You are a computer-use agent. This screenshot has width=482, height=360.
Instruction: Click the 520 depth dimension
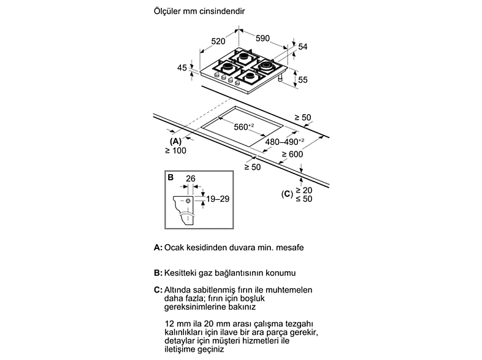tap(218, 41)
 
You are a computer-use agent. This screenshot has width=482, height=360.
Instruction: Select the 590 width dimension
tap(263, 38)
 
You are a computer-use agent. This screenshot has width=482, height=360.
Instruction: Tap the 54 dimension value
tap(302, 47)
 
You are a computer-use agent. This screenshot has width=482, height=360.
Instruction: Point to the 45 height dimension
tap(182, 67)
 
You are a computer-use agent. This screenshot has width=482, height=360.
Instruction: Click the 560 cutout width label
tap(244, 127)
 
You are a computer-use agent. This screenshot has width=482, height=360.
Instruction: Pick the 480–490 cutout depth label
tap(285, 142)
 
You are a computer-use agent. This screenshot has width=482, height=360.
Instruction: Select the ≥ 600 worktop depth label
tap(293, 154)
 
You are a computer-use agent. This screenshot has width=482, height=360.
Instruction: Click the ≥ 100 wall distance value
tap(175, 150)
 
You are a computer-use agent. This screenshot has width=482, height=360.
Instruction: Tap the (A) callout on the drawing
tap(175, 142)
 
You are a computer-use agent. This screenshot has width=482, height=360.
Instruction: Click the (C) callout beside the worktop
tap(287, 194)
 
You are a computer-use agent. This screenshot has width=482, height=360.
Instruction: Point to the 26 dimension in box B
tap(191, 178)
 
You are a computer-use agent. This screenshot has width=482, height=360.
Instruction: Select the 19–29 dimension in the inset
tap(218, 199)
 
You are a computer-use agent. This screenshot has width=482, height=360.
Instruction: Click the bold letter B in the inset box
tap(170, 177)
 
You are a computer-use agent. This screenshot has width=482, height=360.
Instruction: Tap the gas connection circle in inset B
tap(188, 201)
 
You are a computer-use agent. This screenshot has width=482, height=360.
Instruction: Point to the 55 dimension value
tap(302, 80)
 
